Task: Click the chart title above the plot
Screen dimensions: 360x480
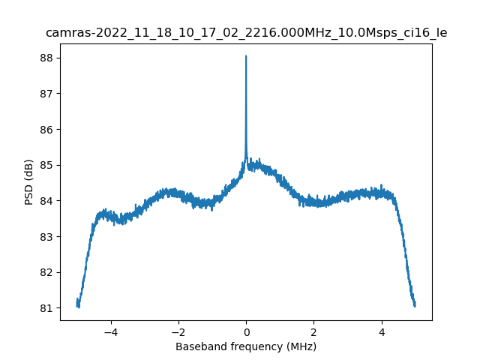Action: (x=246, y=33)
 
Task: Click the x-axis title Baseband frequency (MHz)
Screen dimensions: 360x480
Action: (x=246, y=346)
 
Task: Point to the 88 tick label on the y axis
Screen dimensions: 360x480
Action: (x=46, y=58)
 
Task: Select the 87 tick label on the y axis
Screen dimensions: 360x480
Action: (x=46, y=94)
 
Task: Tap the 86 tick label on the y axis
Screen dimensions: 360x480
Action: (x=46, y=130)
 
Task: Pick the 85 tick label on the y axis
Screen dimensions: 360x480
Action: (x=46, y=165)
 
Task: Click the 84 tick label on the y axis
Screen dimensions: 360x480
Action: (x=46, y=201)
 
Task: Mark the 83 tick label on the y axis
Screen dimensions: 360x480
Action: (x=46, y=237)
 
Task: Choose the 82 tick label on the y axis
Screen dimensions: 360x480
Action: (x=46, y=272)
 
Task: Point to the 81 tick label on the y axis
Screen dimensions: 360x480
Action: (x=46, y=308)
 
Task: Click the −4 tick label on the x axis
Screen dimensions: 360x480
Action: (x=110, y=331)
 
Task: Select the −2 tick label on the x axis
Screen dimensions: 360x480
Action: (x=178, y=331)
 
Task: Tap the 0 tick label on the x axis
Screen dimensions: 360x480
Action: (x=246, y=331)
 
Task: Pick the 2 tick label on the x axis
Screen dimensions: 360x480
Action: (x=313, y=331)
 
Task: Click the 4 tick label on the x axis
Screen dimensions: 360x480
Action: (x=381, y=331)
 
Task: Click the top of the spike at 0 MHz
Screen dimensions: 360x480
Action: (x=246, y=56)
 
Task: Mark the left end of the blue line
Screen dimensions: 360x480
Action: (x=77, y=302)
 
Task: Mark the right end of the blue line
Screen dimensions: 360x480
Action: (x=415, y=304)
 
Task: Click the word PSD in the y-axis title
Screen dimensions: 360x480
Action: (x=29, y=196)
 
